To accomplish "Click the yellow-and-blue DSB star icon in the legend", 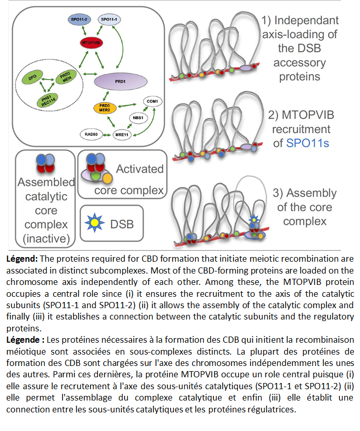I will click(95, 223).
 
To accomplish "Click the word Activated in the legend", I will click(139, 169).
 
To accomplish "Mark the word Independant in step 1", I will click(307, 21).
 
